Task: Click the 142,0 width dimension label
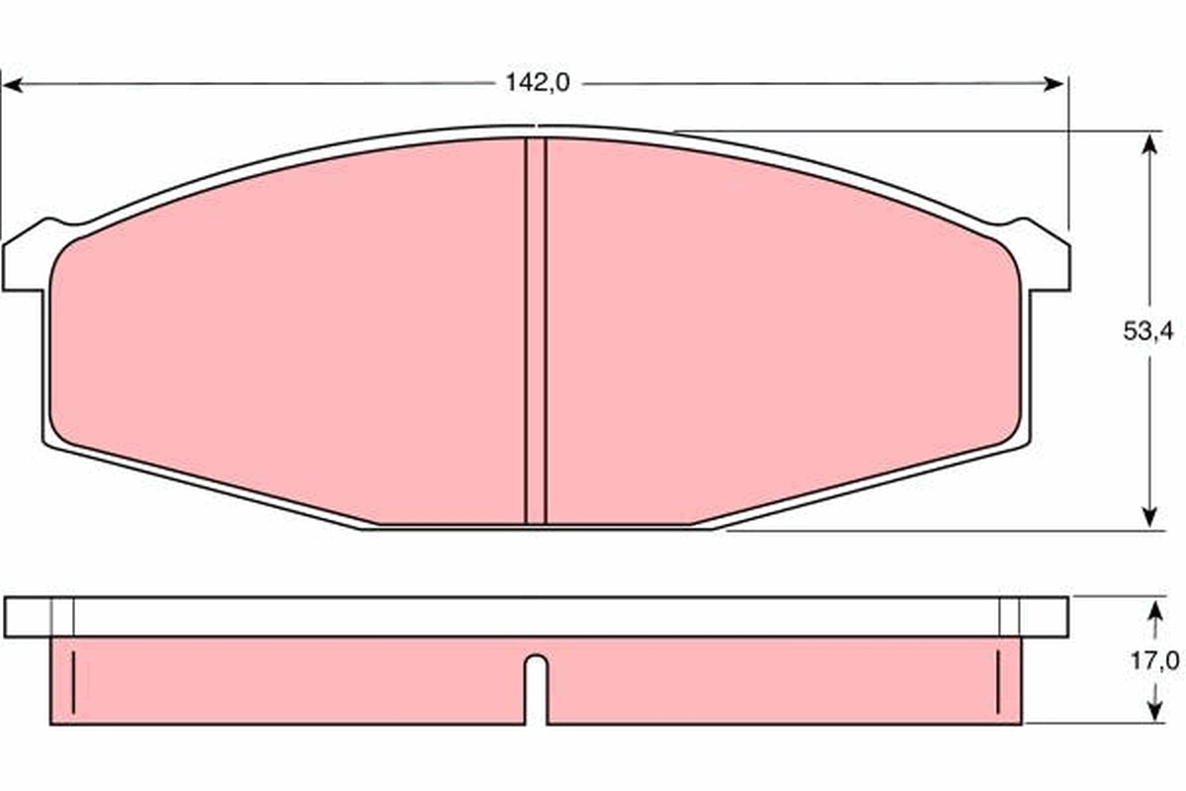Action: tap(538, 84)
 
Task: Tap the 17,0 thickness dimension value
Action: tap(1153, 659)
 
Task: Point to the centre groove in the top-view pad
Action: tap(536, 331)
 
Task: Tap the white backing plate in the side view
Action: tap(534, 616)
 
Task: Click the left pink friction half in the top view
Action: tap(287, 336)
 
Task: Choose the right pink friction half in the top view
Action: tap(781, 336)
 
